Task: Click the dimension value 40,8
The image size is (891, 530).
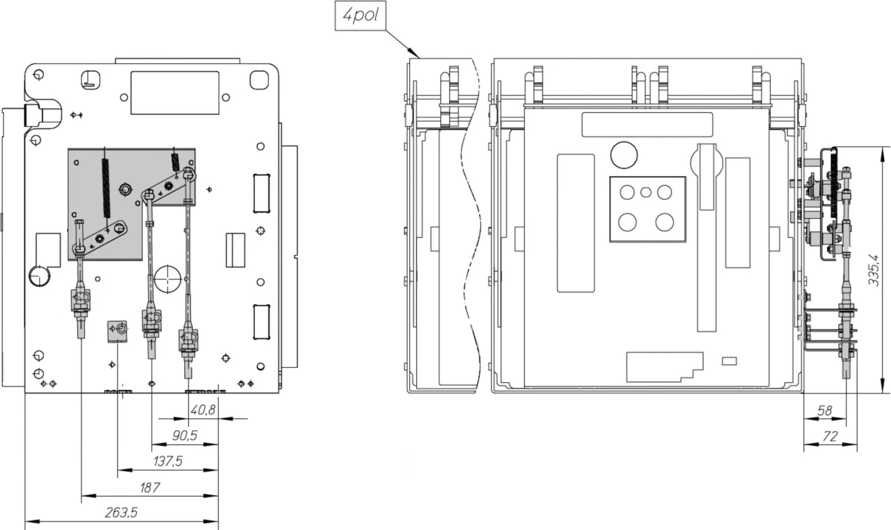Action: [x=203, y=411]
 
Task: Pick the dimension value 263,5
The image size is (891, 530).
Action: [x=121, y=513]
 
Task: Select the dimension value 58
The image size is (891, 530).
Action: [x=825, y=412]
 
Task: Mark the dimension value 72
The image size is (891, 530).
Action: [x=829, y=437]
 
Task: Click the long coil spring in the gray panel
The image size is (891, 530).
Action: [x=106, y=188]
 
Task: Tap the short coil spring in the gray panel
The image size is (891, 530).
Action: [x=175, y=162]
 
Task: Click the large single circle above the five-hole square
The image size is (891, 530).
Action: [x=624, y=155]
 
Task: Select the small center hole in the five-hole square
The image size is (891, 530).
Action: [x=647, y=192]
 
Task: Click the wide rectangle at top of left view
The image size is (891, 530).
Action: [x=175, y=93]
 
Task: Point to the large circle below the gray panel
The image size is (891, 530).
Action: [x=168, y=278]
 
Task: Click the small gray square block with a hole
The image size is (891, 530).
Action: [x=118, y=331]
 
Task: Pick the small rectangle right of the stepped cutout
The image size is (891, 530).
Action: [x=730, y=361]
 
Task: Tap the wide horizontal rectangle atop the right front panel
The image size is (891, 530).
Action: [x=647, y=124]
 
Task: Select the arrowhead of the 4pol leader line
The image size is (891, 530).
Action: [x=418, y=55]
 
